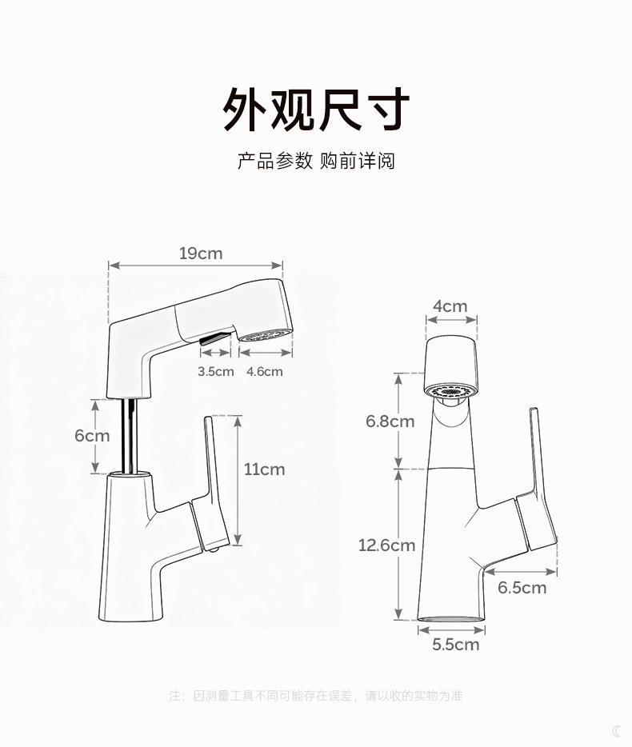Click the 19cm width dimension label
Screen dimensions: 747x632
tap(200, 254)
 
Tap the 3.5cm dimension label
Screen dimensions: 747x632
tap(215, 371)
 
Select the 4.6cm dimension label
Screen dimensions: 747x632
tap(264, 371)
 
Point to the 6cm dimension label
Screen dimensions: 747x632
tap(92, 436)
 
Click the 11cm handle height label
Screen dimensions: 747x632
tap(264, 469)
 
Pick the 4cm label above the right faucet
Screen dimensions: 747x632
tap(450, 306)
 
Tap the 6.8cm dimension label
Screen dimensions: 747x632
tap(390, 421)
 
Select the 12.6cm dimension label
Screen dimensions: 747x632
tap(386, 545)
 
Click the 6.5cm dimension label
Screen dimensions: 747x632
tap(522, 588)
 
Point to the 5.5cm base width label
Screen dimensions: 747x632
tap(456, 644)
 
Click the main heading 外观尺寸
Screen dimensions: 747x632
tap(315, 110)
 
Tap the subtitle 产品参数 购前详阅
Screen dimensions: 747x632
tap(315, 161)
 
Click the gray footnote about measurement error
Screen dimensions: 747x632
tap(315, 696)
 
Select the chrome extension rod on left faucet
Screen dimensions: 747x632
tap(126, 436)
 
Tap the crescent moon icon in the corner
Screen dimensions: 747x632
tap(617, 730)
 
